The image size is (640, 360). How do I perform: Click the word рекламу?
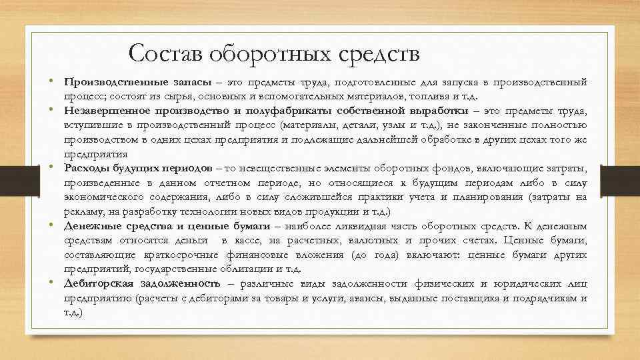coord(83,211)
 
